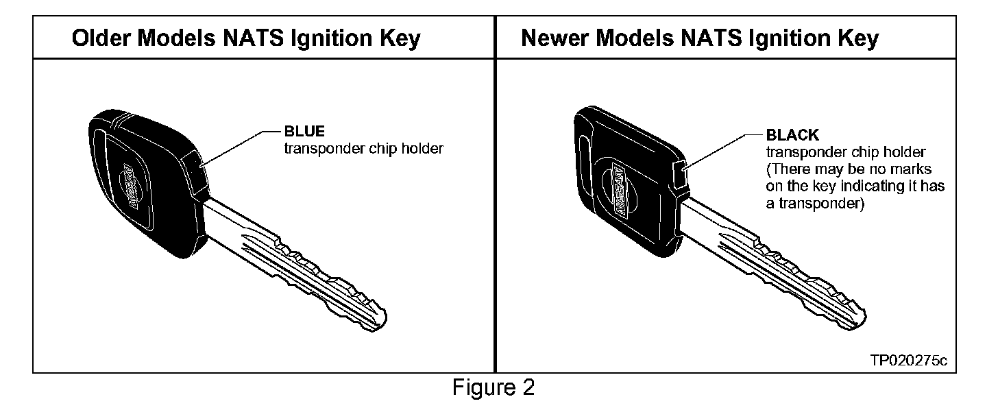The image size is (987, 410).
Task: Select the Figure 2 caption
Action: pos(493,388)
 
